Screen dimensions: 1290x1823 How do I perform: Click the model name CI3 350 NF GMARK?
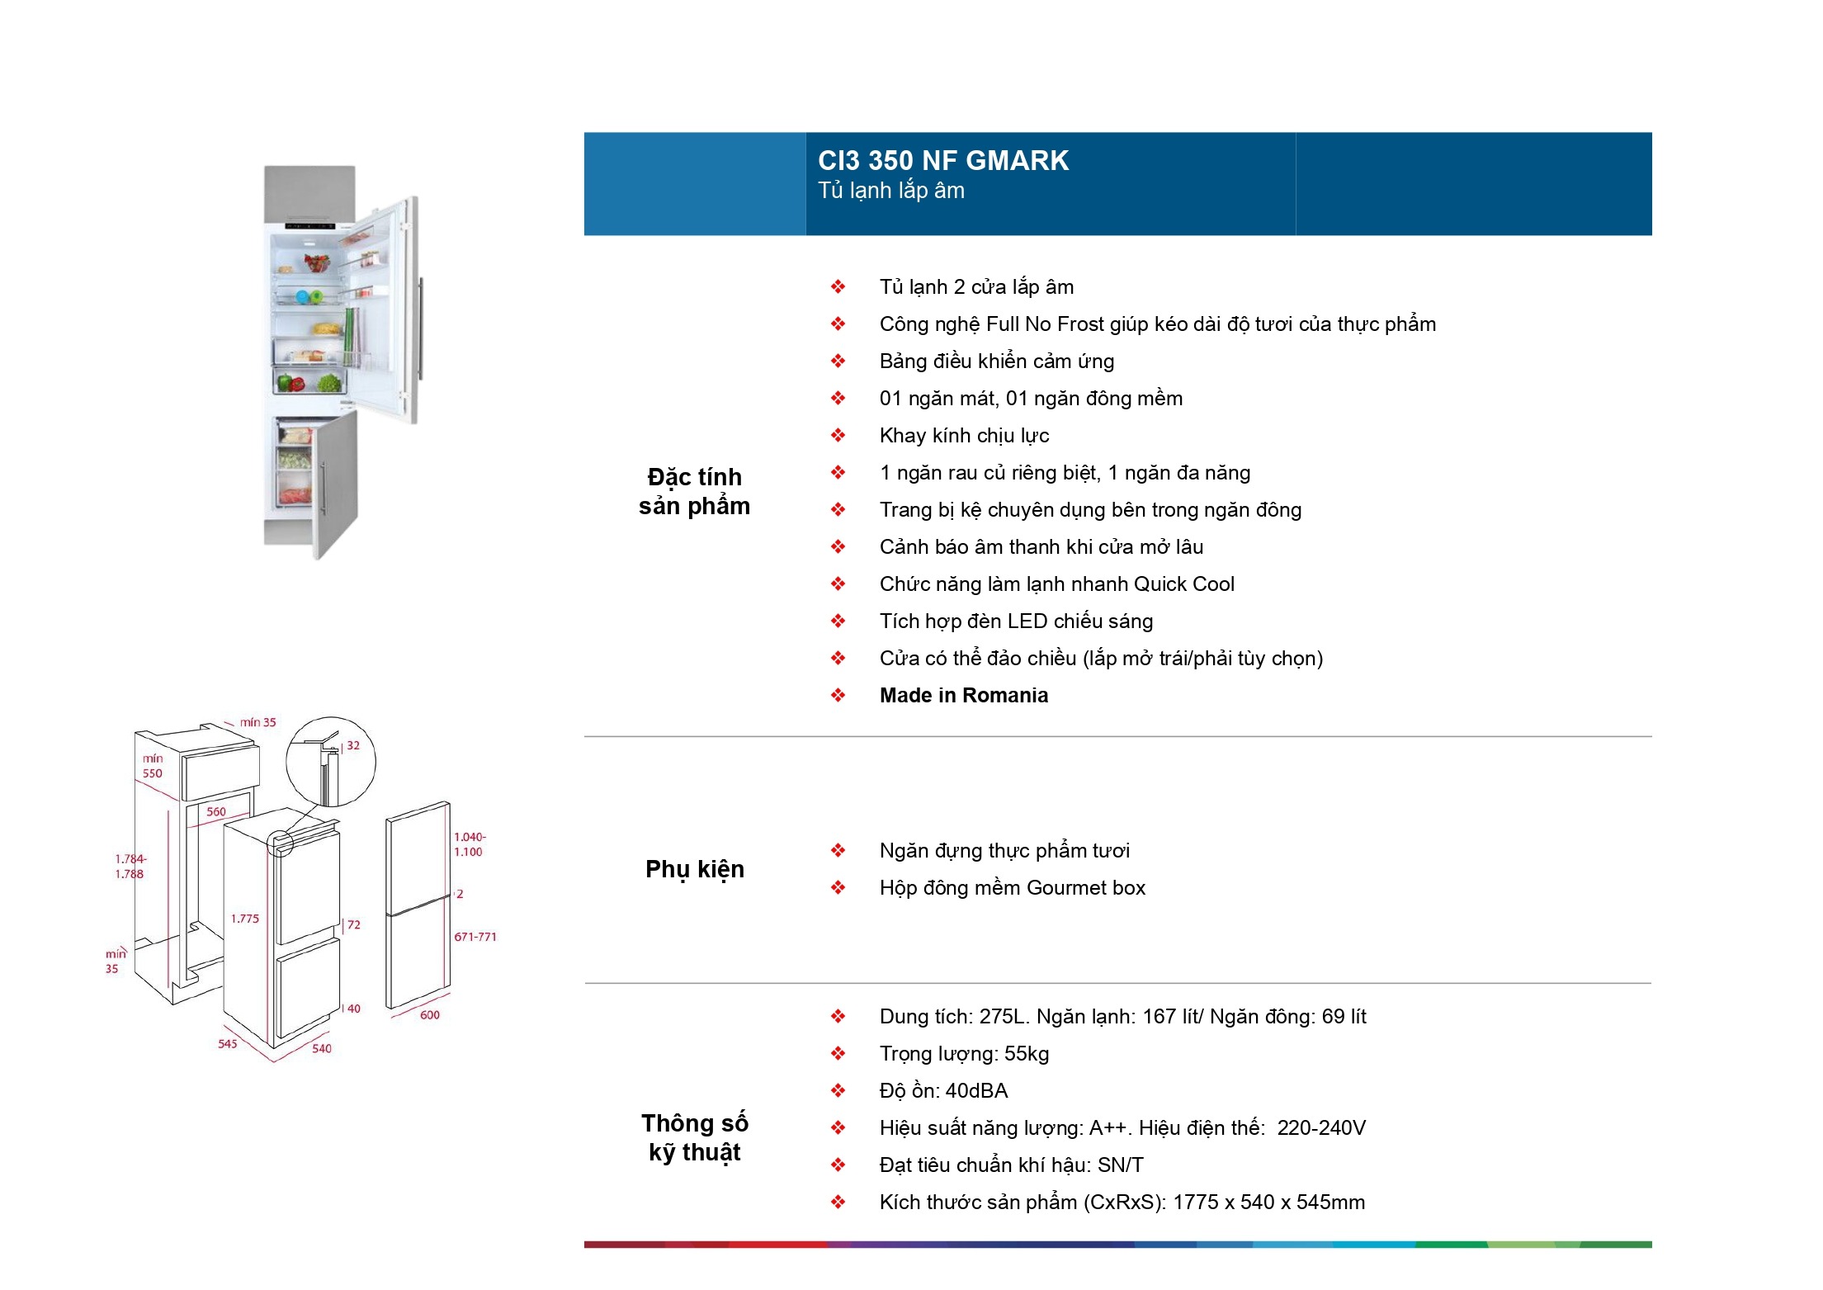click(942, 160)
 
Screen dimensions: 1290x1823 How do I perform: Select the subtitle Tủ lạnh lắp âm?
click(890, 191)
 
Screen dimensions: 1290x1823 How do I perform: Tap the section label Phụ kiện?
click(694, 869)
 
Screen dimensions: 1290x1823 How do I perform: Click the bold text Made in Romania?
click(963, 696)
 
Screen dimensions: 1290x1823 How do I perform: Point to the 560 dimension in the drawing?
click(216, 811)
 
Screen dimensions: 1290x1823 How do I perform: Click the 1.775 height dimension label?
click(245, 919)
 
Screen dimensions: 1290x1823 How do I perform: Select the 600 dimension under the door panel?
click(430, 1015)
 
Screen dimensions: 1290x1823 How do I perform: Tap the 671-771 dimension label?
click(475, 937)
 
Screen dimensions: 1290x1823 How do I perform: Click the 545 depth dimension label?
click(228, 1044)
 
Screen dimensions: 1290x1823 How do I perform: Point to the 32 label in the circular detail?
click(353, 745)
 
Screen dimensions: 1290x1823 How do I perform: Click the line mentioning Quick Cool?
click(1056, 584)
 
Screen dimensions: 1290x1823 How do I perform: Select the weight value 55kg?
click(1027, 1054)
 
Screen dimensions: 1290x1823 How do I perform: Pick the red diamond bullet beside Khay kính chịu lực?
click(838, 436)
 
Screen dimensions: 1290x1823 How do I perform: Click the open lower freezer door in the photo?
click(337, 483)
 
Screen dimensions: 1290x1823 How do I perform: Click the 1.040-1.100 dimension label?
click(470, 844)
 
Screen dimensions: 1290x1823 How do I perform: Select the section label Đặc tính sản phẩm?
click(694, 492)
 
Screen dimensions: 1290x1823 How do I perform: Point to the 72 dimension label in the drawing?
click(354, 924)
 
